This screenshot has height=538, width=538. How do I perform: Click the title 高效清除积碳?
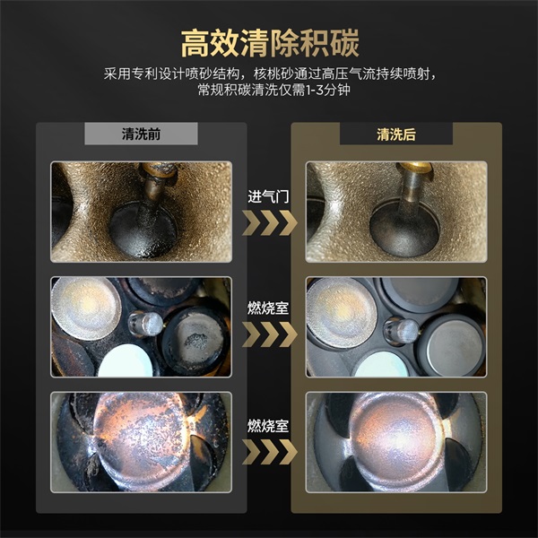(x=269, y=42)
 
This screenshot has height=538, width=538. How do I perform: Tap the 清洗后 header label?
(x=396, y=134)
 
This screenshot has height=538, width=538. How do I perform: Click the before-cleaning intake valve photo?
(x=141, y=212)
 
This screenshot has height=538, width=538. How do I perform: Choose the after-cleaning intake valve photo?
(x=396, y=212)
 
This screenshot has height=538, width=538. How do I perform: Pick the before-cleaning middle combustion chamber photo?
(x=141, y=326)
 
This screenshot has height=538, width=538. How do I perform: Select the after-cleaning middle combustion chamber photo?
(x=396, y=326)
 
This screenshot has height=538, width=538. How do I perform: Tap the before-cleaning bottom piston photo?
(x=141, y=441)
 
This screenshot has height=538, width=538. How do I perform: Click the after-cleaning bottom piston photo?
(x=396, y=441)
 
